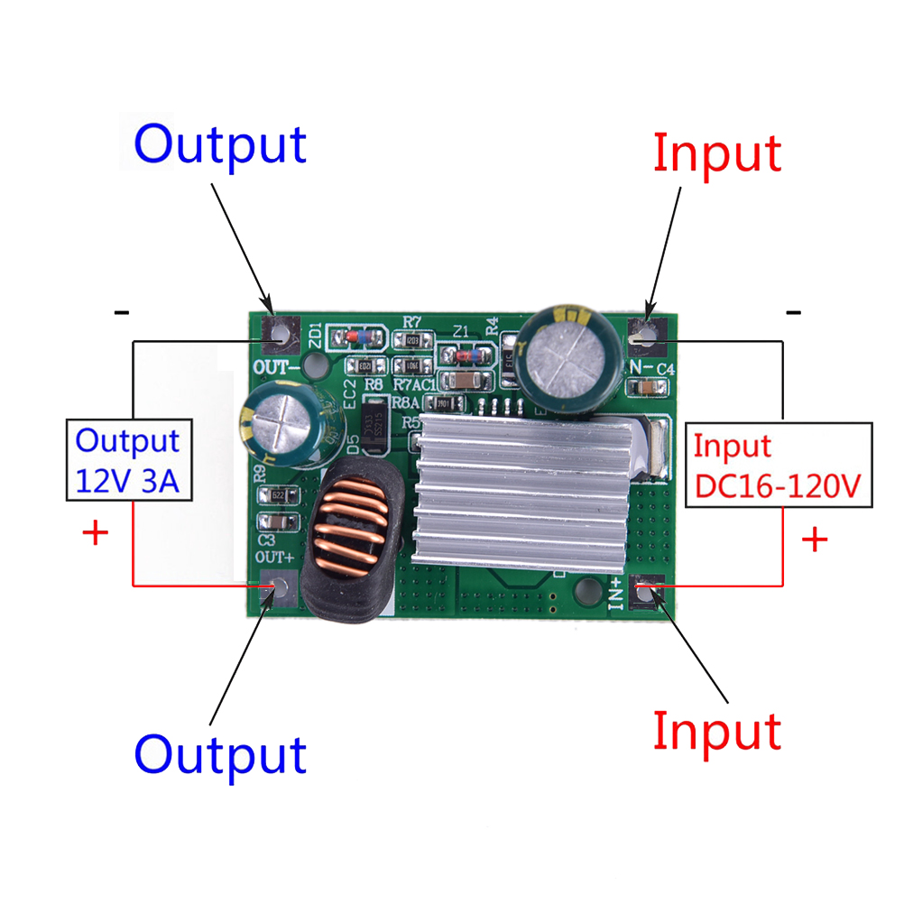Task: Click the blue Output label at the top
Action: (x=220, y=144)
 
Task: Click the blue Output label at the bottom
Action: (x=220, y=754)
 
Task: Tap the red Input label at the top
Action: (x=716, y=152)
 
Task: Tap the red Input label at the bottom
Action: (x=716, y=731)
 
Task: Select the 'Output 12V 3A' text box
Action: (x=127, y=459)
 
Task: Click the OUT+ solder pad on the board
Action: (x=279, y=591)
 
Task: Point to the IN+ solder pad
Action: (x=646, y=592)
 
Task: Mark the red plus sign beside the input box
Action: (x=815, y=540)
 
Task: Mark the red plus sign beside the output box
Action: (x=95, y=532)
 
